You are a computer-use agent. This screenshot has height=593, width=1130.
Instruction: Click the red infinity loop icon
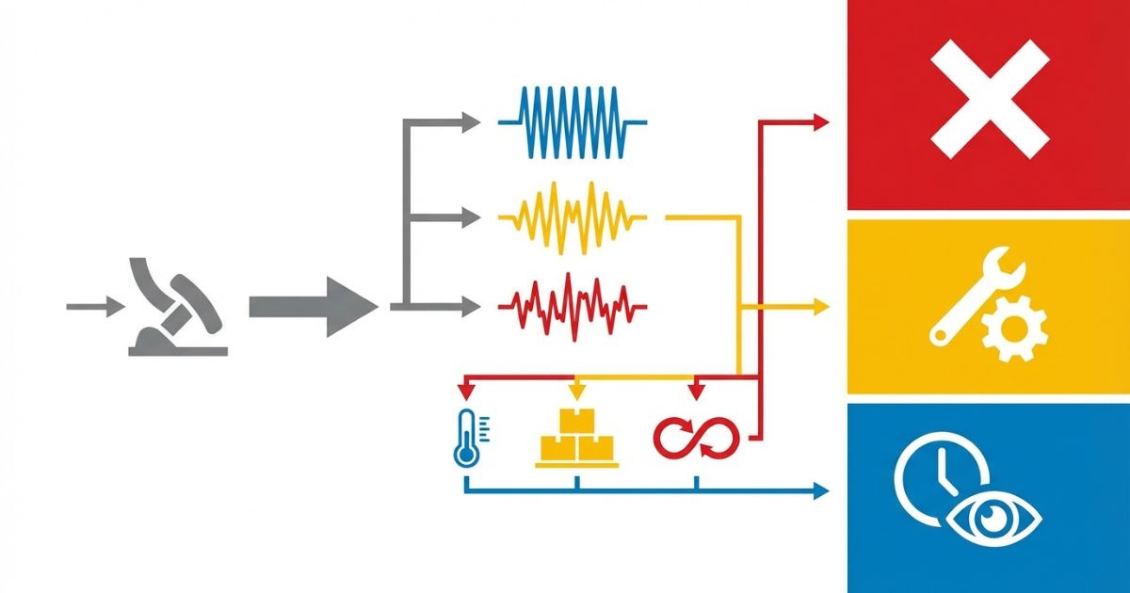pos(697,436)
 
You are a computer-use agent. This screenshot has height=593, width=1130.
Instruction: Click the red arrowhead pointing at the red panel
pos(820,121)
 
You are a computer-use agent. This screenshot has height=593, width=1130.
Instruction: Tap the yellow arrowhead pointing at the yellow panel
pos(820,306)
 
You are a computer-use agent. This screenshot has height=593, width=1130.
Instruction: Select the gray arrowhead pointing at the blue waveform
pos(472,121)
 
